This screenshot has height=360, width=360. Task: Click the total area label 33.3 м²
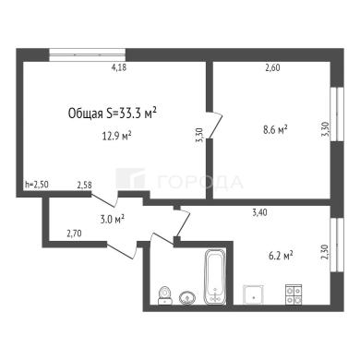click(113, 114)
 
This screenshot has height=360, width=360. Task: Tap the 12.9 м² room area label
click(117, 136)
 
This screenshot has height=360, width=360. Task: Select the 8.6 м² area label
click(275, 129)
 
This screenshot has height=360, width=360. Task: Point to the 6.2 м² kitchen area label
click(281, 256)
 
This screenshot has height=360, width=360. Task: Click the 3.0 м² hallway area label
click(113, 219)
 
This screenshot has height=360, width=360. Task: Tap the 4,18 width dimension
click(119, 67)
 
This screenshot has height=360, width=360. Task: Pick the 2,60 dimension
click(272, 67)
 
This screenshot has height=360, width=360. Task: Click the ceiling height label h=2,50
click(37, 185)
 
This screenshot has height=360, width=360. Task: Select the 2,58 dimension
click(84, 185)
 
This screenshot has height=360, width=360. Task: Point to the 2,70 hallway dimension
click(74, 234)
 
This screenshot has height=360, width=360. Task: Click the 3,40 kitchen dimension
click(259, 212)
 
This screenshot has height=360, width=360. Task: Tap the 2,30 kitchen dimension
click(325, 252)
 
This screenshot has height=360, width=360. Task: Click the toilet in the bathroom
click(165, 295)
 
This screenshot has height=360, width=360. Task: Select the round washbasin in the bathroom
click(187, 298)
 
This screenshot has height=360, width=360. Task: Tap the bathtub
click(215, 277)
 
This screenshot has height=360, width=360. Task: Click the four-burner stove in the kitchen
click(294, 294)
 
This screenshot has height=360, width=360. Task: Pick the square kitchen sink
click(253, 294)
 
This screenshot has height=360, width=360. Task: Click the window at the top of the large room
click(88, 55)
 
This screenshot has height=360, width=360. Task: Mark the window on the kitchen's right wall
click(337, 245)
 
